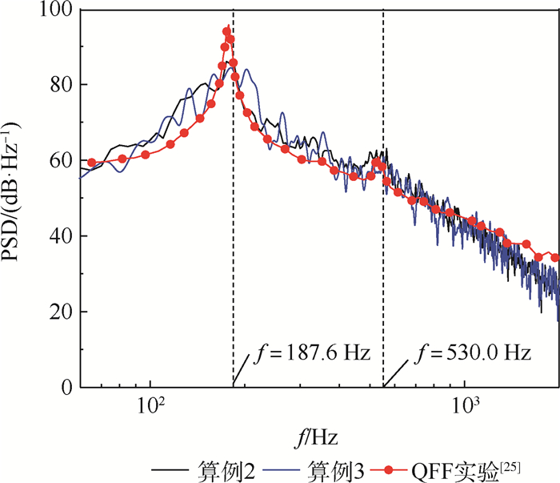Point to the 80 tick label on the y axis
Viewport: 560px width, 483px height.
[x=61, y=85]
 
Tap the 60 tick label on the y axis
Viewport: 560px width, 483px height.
[x=61, y=161]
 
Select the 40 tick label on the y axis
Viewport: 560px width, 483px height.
[x=61, y=236]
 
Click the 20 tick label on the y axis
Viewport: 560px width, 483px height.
[x=61, y=312]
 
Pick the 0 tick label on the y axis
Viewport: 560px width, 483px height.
[x=66, y=388]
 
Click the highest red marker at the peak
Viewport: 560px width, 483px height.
[x=227, y=32]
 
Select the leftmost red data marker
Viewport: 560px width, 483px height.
[x=91, y=163]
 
